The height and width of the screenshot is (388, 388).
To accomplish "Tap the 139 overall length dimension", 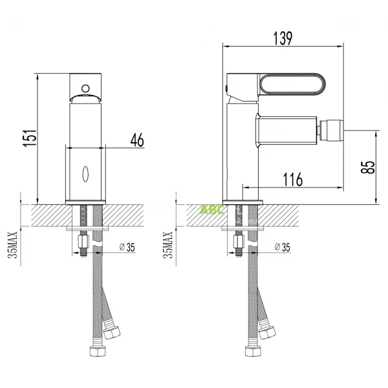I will [x=282, y=37].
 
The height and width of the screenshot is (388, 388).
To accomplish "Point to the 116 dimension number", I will [x=293, y=179].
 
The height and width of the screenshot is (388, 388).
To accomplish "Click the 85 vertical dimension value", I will [x=367, y=167].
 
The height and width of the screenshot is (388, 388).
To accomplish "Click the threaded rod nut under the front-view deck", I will [x=83, y=243].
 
